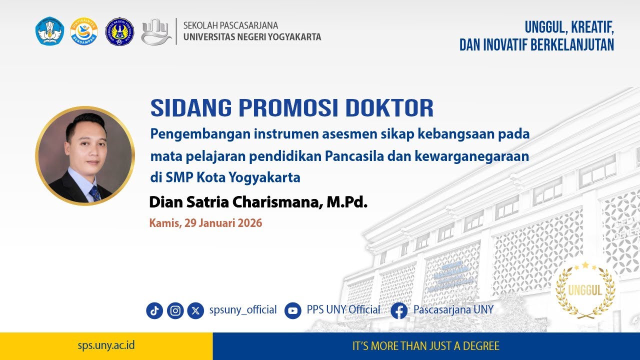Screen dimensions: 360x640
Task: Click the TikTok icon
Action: [x=154, y=310]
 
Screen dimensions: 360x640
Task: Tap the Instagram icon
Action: [x=175, y=310]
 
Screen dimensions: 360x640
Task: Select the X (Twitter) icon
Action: [x=195, y=310]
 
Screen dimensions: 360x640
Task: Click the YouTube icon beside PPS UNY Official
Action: [x=293, y=310]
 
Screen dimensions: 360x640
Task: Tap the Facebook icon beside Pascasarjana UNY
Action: [x=399, y=310]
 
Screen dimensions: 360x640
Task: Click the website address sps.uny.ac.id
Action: [x=106, y=345]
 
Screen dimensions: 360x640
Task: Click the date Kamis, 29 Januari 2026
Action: [x=205, y=223]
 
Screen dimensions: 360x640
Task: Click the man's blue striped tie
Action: [x=94, y=193]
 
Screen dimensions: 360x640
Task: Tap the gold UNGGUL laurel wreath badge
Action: [x=585, y=290]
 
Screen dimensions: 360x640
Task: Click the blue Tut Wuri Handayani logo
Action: [x=50, y=31]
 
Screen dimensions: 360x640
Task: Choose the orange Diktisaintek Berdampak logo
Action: [x=84, y=31]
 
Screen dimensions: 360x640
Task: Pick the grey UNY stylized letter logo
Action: [x=156, y=31]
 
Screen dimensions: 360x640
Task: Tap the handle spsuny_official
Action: [x=243, y=310]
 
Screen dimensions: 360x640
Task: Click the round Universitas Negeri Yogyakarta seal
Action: [x=119, y=31]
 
